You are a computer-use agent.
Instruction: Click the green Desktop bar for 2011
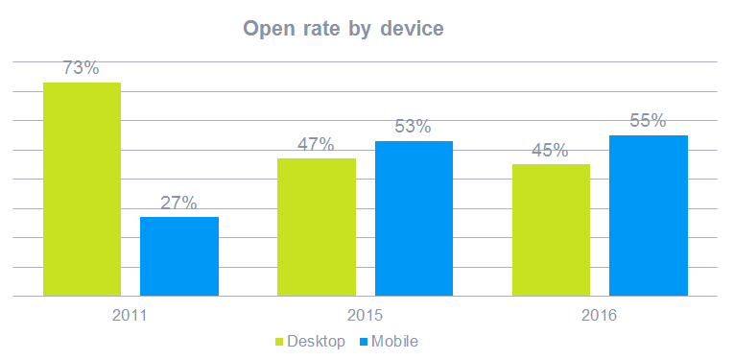(x=82, y=189)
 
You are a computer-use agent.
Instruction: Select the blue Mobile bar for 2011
(x=179, y=256)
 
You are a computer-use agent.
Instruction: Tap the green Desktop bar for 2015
(x=316, y=227)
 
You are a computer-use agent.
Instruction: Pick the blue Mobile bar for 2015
(x=414, y=218)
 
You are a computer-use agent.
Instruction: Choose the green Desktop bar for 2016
(x=551, y=229)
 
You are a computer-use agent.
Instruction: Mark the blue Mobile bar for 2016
(x=649, y=215)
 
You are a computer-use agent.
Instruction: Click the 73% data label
(x=82, y=68)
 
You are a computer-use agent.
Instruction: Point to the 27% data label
(x=179, y=203)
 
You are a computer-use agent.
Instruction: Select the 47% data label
(x=316, y=144)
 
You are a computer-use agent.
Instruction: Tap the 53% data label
(x=414, y=127)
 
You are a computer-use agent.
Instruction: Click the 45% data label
(x=551, y=150)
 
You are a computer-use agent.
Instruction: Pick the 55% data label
(x=649, y=121)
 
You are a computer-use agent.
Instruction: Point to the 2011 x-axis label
(x=130, y=315)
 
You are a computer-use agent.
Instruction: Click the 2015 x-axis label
(x=366, y=315)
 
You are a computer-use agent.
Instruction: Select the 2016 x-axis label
(x=600, y=315)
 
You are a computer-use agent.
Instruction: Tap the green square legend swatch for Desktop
(x=280, y=342)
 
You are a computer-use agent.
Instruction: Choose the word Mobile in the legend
(x=395, y=342)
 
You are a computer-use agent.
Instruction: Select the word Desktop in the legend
(x=316, y=342)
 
